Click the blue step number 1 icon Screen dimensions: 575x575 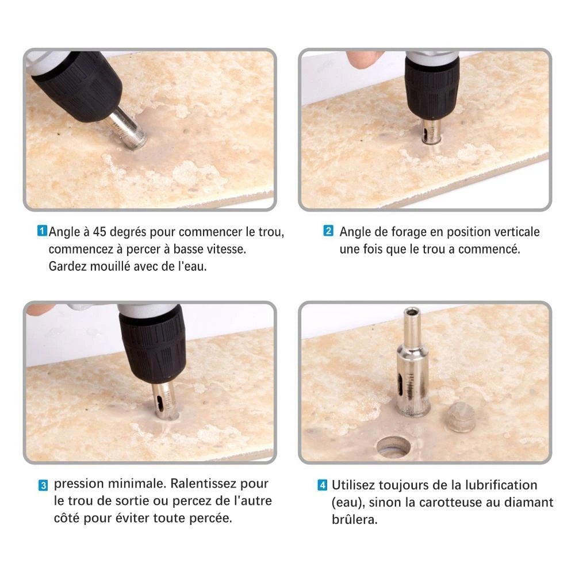43,231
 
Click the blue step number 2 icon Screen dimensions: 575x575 328,231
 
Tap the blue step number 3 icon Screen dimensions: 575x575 43,485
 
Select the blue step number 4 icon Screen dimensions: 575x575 323,485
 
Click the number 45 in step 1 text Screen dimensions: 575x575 99,232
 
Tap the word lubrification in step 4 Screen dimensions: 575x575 501,485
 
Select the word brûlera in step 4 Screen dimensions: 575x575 354,519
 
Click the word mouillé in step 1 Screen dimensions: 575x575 110,266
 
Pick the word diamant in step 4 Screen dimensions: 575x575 529,502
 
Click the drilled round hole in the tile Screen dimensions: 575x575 393,446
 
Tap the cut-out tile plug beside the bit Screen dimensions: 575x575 461,416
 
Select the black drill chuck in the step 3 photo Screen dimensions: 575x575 152,344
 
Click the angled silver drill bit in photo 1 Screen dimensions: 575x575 128,128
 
